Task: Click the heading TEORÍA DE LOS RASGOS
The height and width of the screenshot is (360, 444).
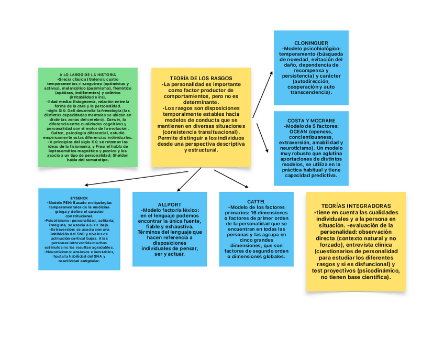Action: click(x=201, y=78)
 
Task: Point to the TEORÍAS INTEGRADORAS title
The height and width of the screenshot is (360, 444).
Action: click(x=356, y=206)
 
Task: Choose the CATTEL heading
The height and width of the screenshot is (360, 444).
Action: click(x=256, y=201)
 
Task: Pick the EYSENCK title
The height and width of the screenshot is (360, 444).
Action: click(x=79, y=198)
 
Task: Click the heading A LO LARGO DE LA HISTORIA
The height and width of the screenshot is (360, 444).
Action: click(x=88, y=75)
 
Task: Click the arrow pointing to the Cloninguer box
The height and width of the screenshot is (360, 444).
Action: click(x=262, y=94)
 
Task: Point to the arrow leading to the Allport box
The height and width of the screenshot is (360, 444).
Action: click(x=187, y=179)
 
